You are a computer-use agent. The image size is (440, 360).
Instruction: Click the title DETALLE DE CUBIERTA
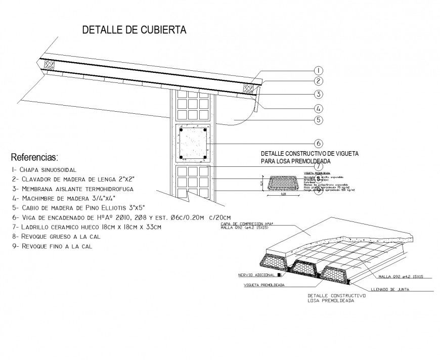point(134,30)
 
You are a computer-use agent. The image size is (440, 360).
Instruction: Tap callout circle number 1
point(318,70)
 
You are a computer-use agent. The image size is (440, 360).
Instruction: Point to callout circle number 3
point(318,94)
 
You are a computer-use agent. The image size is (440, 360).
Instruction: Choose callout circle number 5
point(318,120)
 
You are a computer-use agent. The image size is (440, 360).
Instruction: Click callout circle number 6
point(318,143)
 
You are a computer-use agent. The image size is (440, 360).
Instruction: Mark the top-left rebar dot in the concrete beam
point(180,130)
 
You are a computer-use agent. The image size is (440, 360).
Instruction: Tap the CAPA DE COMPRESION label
point(243,223)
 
